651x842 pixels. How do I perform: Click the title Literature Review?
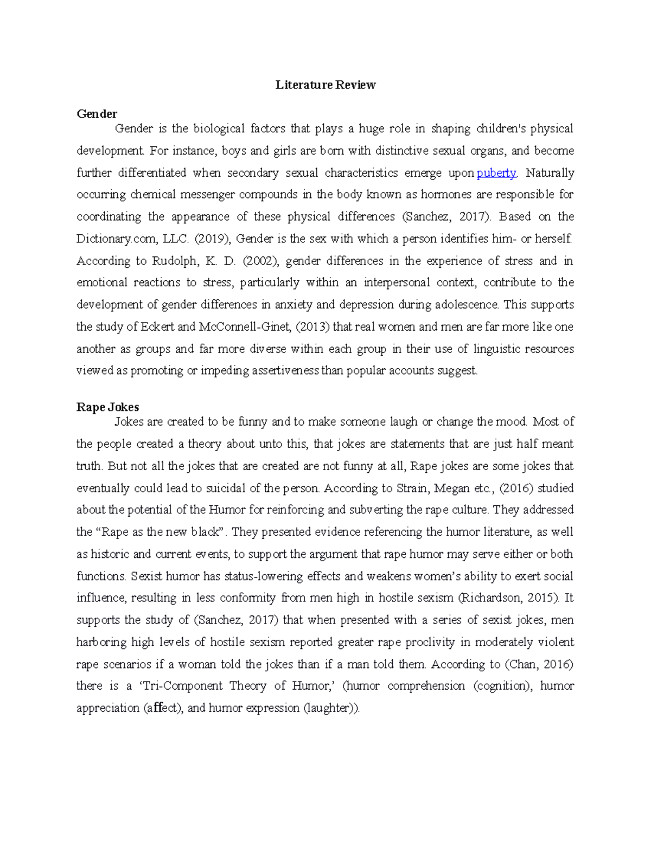[x=325, y=85]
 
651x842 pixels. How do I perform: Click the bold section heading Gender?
[x=97, y=114]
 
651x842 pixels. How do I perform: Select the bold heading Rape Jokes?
[x=107, y=407]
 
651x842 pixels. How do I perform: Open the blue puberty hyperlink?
[x=496, y=173]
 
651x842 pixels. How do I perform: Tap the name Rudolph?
[x=174, y=261]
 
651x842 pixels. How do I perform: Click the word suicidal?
[x=226, y=488]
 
